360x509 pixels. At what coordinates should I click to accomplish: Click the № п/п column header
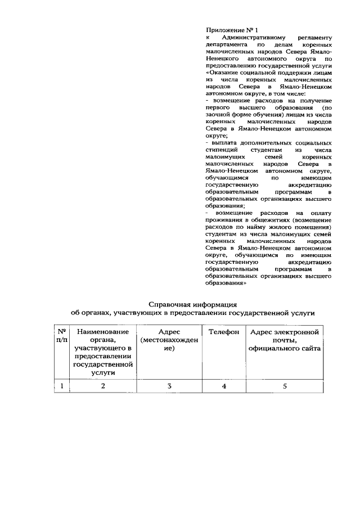point(62,336)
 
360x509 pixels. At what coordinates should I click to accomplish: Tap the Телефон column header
point(223,332)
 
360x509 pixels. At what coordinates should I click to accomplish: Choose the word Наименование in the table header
point(103,332)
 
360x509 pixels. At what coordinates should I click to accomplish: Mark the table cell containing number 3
point(169,386)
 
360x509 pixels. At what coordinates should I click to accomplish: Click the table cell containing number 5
point(285,386)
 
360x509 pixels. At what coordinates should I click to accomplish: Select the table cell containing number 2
point(103,386)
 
